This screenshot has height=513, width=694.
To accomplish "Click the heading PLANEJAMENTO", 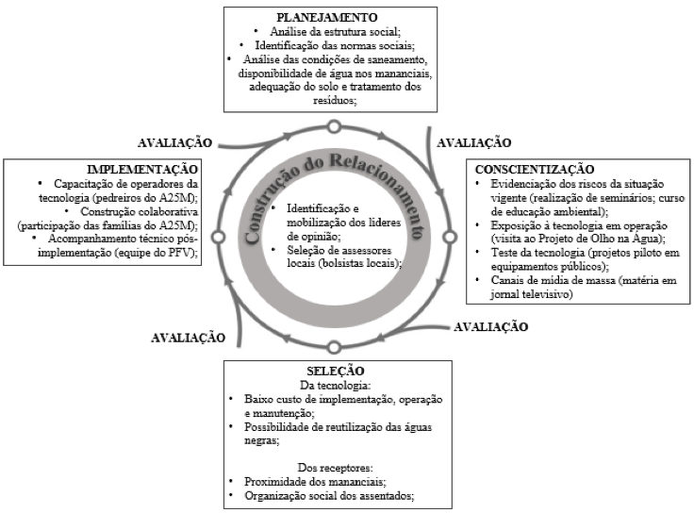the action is [x=326, y=17].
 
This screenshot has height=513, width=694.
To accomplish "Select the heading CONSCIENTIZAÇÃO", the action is [x=535, y=169].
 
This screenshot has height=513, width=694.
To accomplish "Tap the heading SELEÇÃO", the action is [x=336, y=371].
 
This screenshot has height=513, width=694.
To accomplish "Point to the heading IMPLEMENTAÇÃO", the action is [x=142, y=169].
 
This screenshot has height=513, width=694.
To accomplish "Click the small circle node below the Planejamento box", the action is [x=334, y=127].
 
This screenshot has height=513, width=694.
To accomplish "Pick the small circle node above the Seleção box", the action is [x=334, y=347].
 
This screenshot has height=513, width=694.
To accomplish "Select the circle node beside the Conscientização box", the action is [x=450, y=238].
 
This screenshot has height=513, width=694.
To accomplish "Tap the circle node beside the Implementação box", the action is [x=218, y=238].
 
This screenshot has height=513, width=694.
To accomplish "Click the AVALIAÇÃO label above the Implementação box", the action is [x=174, y=142].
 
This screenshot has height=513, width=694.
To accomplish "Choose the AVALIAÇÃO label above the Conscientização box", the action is [x=474, y=142].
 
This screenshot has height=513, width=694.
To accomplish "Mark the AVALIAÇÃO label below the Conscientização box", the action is [x=491, y=326].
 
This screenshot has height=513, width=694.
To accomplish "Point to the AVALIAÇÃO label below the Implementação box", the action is [x=188, y=338].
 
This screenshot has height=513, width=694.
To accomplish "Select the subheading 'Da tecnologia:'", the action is [x=335, y=385].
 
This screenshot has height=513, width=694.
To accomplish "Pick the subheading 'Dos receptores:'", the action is [x=335, y=468].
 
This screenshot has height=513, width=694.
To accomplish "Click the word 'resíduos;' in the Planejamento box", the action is [x=335, y=101].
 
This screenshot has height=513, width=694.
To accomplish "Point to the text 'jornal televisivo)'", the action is [x=532, y=294].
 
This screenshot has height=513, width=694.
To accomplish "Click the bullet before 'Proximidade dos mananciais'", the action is [x=231, y=481].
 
